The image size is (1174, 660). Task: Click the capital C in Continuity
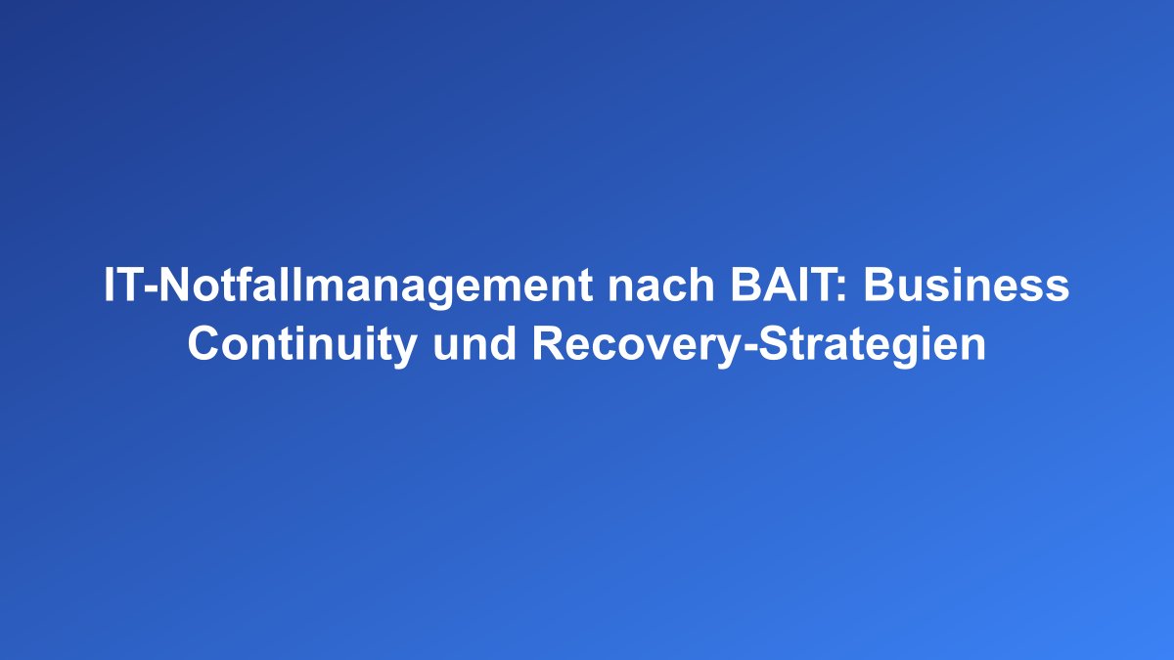coord(203,345)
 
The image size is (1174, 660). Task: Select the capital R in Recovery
coord(547,345)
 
